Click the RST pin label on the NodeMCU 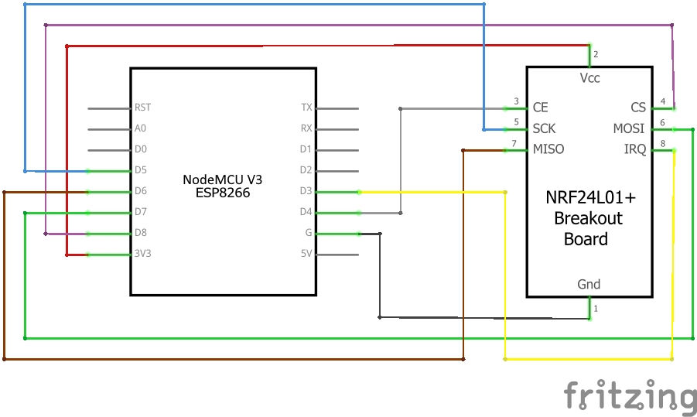coord(143,108)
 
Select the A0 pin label coord(141,129)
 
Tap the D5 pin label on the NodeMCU coord(141,170)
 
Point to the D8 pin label coord(141,233)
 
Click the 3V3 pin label coord(143,254)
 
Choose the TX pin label coord(306,108)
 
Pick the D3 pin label coord(306,191)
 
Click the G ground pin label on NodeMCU coord(308,233)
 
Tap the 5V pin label coord(306,254)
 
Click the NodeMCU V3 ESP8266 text coord(223,186)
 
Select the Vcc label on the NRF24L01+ coord(589,78)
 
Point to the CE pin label coord(541,108)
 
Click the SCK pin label coord(545,128)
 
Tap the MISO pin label coord(548,149)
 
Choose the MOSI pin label coord(629,128)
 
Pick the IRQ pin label coord(634,149)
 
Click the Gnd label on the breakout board coord(589,284)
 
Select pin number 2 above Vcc coord(596,54)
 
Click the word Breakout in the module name coord(588,219)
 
